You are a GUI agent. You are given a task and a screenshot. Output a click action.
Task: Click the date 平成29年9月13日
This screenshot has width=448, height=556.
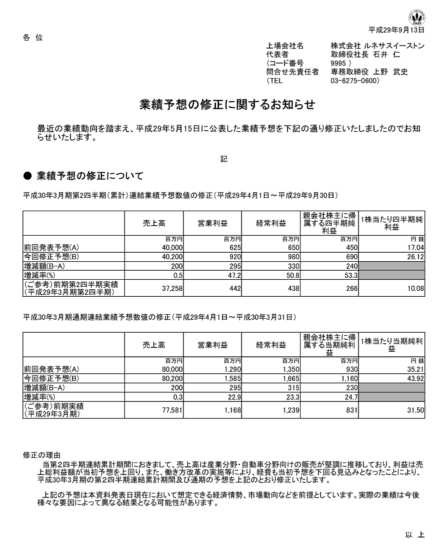396,30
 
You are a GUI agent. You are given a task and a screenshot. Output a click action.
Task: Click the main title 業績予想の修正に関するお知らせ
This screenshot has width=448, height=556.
227,105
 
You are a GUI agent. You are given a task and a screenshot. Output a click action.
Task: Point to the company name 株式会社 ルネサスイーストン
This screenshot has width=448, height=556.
377,46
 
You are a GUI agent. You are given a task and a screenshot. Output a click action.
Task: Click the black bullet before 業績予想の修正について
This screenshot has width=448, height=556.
28,176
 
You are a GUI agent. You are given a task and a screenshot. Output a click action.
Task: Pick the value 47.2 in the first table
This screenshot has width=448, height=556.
235,275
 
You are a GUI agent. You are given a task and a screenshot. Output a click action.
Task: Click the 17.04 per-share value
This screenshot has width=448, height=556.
416,247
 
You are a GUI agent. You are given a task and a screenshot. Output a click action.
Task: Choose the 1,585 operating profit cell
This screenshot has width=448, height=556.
232,378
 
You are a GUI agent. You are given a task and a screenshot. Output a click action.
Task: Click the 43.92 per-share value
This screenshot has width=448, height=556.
416,378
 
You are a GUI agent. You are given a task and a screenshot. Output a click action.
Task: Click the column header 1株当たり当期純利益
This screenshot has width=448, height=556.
391,345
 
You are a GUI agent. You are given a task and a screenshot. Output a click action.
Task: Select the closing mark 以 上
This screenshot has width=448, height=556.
414,534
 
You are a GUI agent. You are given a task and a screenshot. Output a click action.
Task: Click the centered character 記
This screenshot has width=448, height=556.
223,159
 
